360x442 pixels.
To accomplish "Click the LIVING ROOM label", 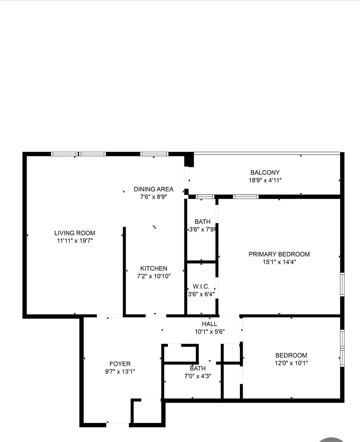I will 75,233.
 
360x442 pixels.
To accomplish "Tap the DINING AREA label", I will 153,189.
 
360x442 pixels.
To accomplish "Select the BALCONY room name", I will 265,172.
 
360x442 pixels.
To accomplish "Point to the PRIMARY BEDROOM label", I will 279,254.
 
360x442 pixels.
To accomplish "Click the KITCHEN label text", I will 154,268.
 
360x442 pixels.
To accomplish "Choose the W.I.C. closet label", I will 201,287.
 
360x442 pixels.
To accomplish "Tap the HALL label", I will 209,324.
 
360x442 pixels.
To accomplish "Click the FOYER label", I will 120,364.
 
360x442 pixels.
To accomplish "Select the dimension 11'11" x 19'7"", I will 75,240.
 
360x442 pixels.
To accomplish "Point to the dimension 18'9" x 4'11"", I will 265,180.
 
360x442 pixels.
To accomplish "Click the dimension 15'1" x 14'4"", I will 279,262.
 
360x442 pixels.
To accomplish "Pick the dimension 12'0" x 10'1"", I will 291,363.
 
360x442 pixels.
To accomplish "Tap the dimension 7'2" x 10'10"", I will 154,276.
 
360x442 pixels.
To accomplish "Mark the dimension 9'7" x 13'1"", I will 120,372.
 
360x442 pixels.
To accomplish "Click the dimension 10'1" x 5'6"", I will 209,332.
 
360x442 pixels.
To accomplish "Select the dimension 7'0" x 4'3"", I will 198,376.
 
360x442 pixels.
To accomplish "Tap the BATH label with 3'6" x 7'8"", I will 202,222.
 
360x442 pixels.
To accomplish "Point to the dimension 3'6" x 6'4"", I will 201,294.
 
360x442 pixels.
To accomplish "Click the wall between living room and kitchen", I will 124,270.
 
